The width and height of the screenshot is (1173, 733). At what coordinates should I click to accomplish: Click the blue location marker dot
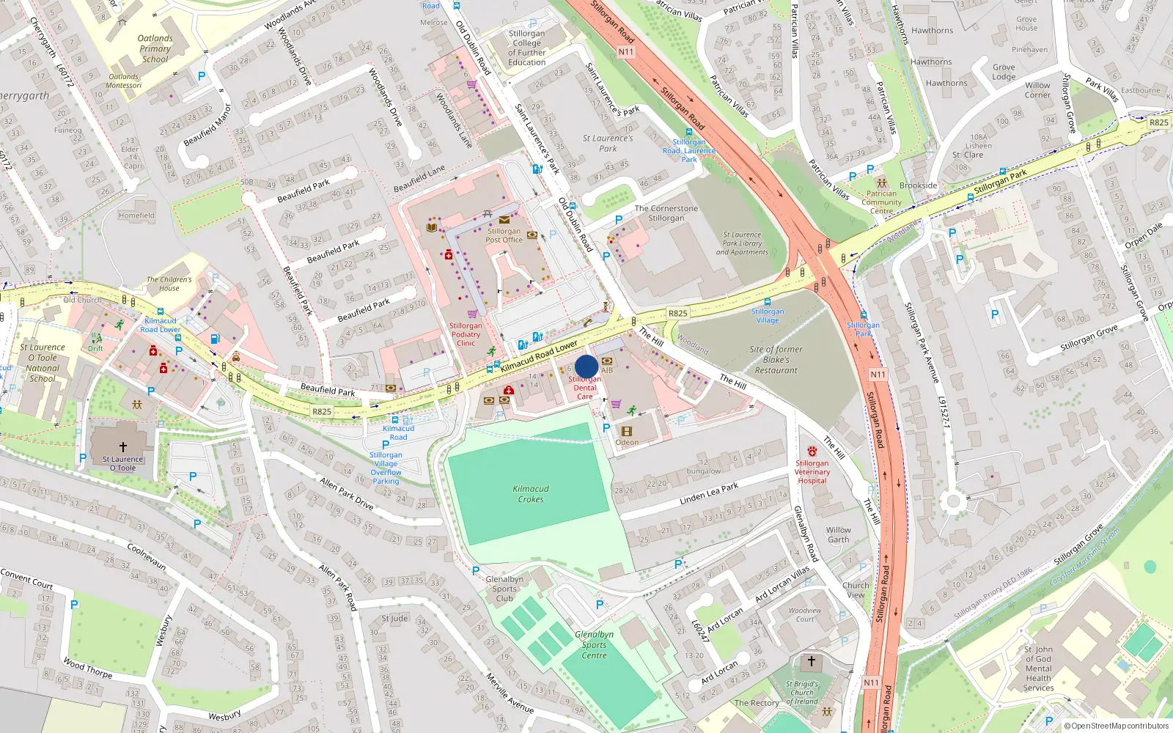[586, 366]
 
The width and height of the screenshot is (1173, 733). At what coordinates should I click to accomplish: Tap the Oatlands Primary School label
[155, 49]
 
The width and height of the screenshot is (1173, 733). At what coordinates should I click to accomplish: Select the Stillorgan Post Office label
[504, 235]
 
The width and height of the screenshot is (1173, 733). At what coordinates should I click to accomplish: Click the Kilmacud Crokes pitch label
[531, 494]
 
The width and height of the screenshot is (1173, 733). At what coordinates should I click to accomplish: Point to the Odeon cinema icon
[626, 431]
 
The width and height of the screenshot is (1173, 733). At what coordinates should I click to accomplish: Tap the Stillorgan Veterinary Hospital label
[812, 472]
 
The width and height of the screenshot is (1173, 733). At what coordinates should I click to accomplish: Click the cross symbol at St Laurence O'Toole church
[123, 446]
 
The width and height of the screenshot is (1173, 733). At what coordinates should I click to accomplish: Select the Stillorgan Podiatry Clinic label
[466, 334]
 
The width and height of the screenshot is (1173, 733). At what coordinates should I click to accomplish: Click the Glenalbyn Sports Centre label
[594, 645]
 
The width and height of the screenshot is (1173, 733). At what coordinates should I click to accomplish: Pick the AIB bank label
[607, 370]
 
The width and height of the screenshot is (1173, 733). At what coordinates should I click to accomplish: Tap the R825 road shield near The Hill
[677, 313]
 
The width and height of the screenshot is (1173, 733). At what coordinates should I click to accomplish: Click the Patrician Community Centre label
[881, 202]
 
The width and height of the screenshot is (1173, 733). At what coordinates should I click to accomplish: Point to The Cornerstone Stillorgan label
[666, 213]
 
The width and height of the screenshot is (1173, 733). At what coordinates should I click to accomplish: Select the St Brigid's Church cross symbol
[812, 661]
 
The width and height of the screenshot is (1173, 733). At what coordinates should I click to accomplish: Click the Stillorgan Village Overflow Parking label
[386, 468]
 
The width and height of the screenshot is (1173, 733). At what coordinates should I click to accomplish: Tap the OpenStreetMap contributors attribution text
[1116, 726]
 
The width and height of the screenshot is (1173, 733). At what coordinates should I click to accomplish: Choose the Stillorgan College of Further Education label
[526, 48]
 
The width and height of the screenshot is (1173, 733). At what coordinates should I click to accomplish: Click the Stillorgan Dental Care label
[584, 388]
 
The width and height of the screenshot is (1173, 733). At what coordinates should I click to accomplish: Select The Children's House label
[169, 284]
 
